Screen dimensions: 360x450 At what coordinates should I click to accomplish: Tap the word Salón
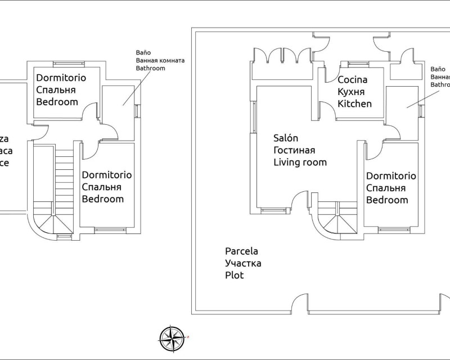click(286, 138)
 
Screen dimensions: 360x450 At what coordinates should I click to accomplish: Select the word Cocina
click(352, 80)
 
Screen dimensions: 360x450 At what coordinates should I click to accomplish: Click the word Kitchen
click(354, 104)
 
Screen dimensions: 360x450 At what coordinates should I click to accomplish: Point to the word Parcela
click(241, 251)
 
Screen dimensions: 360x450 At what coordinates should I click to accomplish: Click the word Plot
click(234, 276)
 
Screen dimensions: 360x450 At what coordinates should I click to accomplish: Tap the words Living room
click(300, 163)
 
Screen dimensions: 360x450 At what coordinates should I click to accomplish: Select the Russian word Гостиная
click(294, 150)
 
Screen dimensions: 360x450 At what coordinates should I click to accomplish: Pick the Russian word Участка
click(243, 263)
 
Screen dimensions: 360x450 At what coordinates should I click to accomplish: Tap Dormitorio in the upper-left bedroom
click(61, 78)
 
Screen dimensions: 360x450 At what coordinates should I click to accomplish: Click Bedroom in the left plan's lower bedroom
click(103, 199)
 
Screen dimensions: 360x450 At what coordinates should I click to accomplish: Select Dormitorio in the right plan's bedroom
click(391, 176)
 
